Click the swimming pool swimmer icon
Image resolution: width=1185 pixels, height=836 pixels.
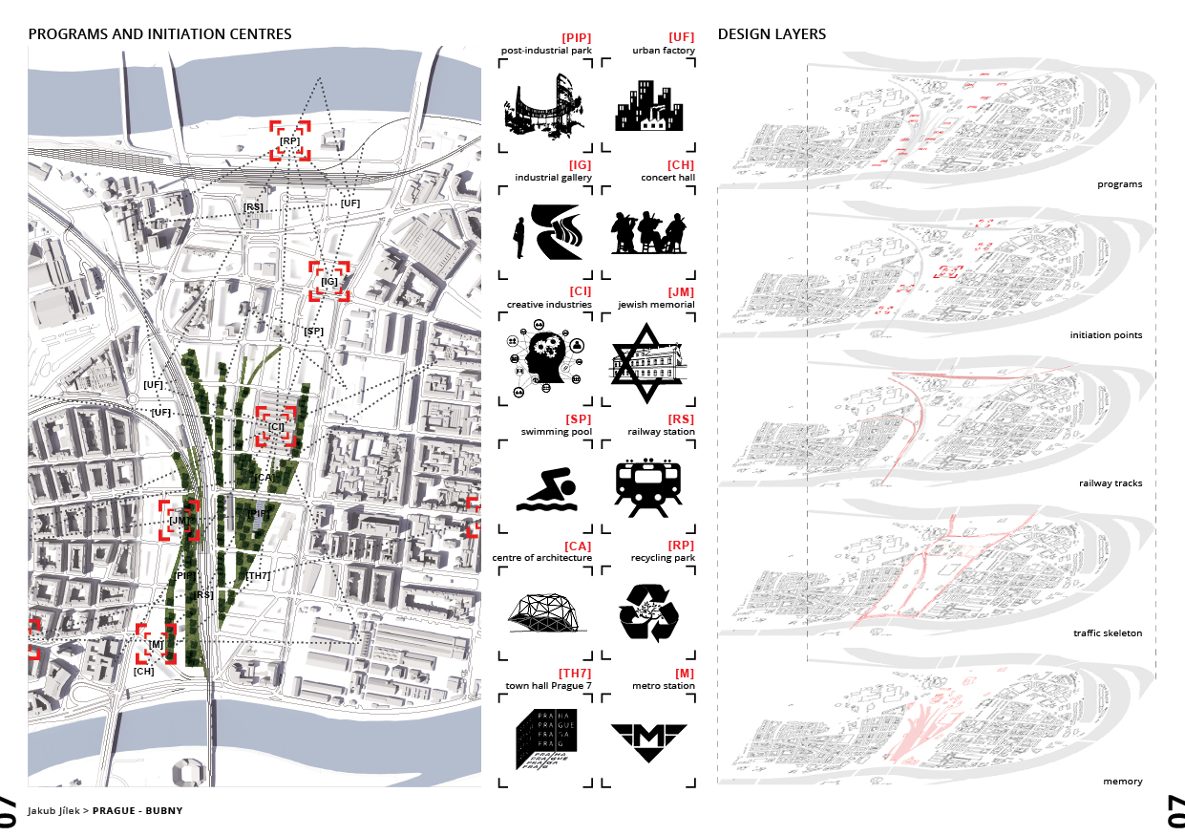(x=546, y=489)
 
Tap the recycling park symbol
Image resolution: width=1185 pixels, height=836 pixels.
(x=648, y=611)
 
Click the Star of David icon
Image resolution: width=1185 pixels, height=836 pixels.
(x=648, y=362)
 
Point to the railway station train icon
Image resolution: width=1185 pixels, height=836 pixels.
(x=648, y=484)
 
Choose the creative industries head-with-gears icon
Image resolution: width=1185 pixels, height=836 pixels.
(x=546, y=362)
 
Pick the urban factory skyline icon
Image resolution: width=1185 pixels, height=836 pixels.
(x=648, y=106)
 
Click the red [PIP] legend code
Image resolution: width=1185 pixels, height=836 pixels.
(x=577, y=38)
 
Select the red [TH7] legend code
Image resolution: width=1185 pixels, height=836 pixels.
(x=575, y=674)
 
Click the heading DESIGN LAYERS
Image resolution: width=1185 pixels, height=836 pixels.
(x=772, y=34)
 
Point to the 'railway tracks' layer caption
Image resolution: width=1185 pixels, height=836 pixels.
(x=1111, y=483)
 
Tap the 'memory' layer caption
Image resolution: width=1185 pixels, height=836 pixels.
(x=1122, y=782)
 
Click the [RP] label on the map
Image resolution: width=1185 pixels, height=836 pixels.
(x=289, y=141)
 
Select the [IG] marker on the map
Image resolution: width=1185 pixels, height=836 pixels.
(x=329, y=282)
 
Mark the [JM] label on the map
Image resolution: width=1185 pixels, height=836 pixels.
(x=179, y=521)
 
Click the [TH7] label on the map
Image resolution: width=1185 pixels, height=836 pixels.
(x=258, y=575)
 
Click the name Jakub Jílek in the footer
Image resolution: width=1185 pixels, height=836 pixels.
(x=53, y=810)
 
